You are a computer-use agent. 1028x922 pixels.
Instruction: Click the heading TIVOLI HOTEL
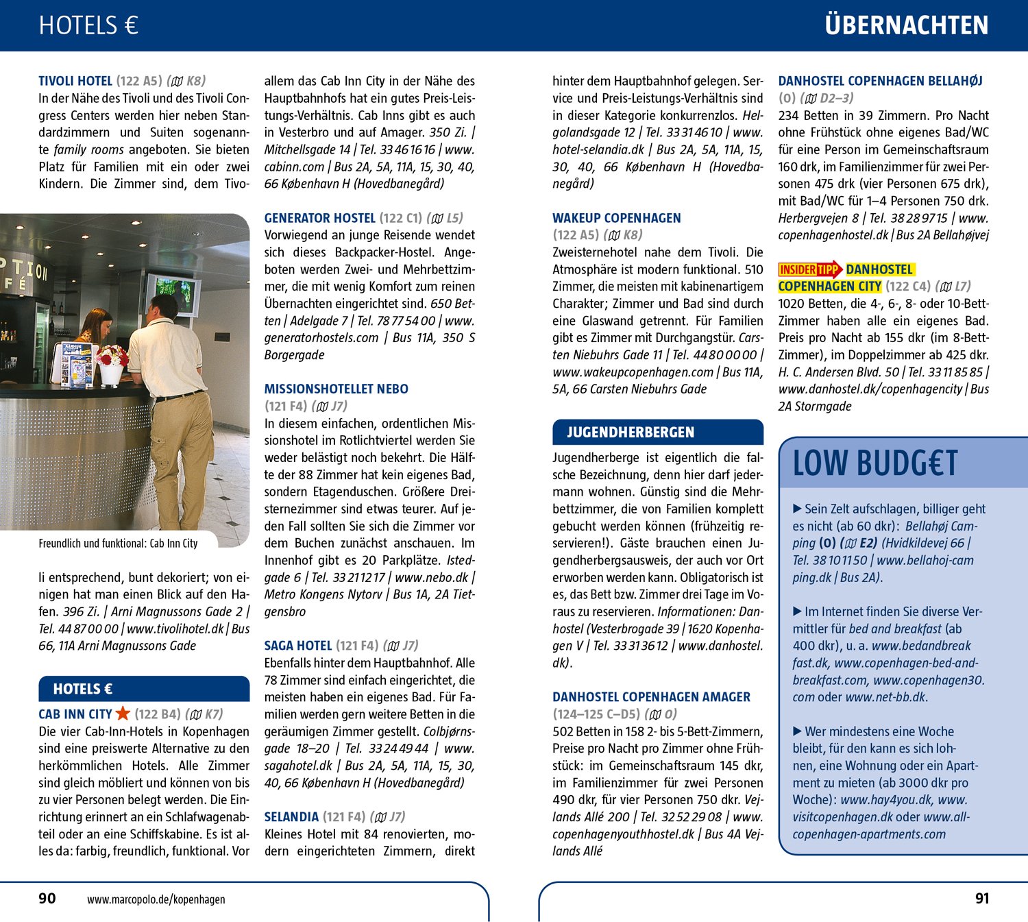point(76,81)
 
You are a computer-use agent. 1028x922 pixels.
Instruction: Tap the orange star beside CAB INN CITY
point(123,714)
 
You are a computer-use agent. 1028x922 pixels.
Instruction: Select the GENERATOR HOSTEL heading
point(320,218)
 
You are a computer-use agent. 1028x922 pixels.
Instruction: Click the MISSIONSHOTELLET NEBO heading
point(336,389)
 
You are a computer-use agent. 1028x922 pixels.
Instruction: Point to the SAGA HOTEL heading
point(298,646)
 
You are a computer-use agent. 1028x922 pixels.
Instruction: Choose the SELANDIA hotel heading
point(291,817)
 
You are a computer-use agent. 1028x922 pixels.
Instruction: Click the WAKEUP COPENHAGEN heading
point(616,218)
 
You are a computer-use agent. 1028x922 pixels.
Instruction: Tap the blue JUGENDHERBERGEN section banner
point(657,432)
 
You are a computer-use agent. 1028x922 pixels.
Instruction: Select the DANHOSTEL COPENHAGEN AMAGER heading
point(651,697)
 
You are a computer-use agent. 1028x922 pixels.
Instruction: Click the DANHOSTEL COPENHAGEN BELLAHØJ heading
point(880,81)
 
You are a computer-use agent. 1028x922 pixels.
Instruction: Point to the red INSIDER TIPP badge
point(809,269)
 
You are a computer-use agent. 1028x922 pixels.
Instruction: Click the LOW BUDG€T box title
point(875,463)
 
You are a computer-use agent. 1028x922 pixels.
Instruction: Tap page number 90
point(47,899)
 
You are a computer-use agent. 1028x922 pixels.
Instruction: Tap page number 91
point(982,899)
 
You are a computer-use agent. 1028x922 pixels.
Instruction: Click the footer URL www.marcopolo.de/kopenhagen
point(156,899)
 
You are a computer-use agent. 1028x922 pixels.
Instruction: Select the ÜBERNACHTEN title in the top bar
point(906,26)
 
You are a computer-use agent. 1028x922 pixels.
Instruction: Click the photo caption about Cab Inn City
point(118,544)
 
